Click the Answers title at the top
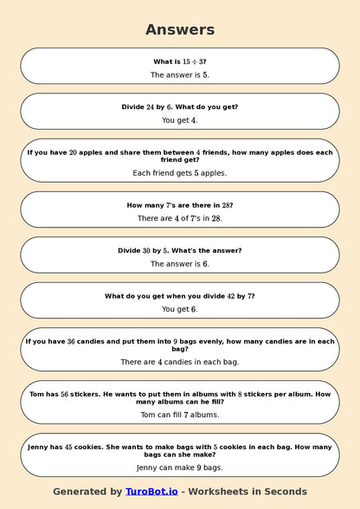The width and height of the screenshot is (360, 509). coord(180,29)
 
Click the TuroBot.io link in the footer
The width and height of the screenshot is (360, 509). coord(151,492)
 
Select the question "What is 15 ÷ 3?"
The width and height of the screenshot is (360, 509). coord(180,61)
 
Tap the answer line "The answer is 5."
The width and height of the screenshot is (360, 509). coord(180,75)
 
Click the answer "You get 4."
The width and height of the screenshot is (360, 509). coord(180,120)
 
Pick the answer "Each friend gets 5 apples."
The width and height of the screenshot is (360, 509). coord(180,173)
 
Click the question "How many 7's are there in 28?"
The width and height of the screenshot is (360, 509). coord(180,205)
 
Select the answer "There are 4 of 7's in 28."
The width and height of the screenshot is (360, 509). coord(180,219)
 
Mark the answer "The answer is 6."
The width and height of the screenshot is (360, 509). coord(180,264)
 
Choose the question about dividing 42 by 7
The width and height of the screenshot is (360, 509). coord(180,296)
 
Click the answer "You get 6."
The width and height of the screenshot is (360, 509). coord(180,309)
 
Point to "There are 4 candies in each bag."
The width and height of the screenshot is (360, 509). coord(180,362)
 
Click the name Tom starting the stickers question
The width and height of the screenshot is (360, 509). coord(34,394)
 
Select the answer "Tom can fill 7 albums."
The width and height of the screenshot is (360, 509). coord(180,415)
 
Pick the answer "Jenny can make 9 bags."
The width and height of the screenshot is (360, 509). coord(180,467)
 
